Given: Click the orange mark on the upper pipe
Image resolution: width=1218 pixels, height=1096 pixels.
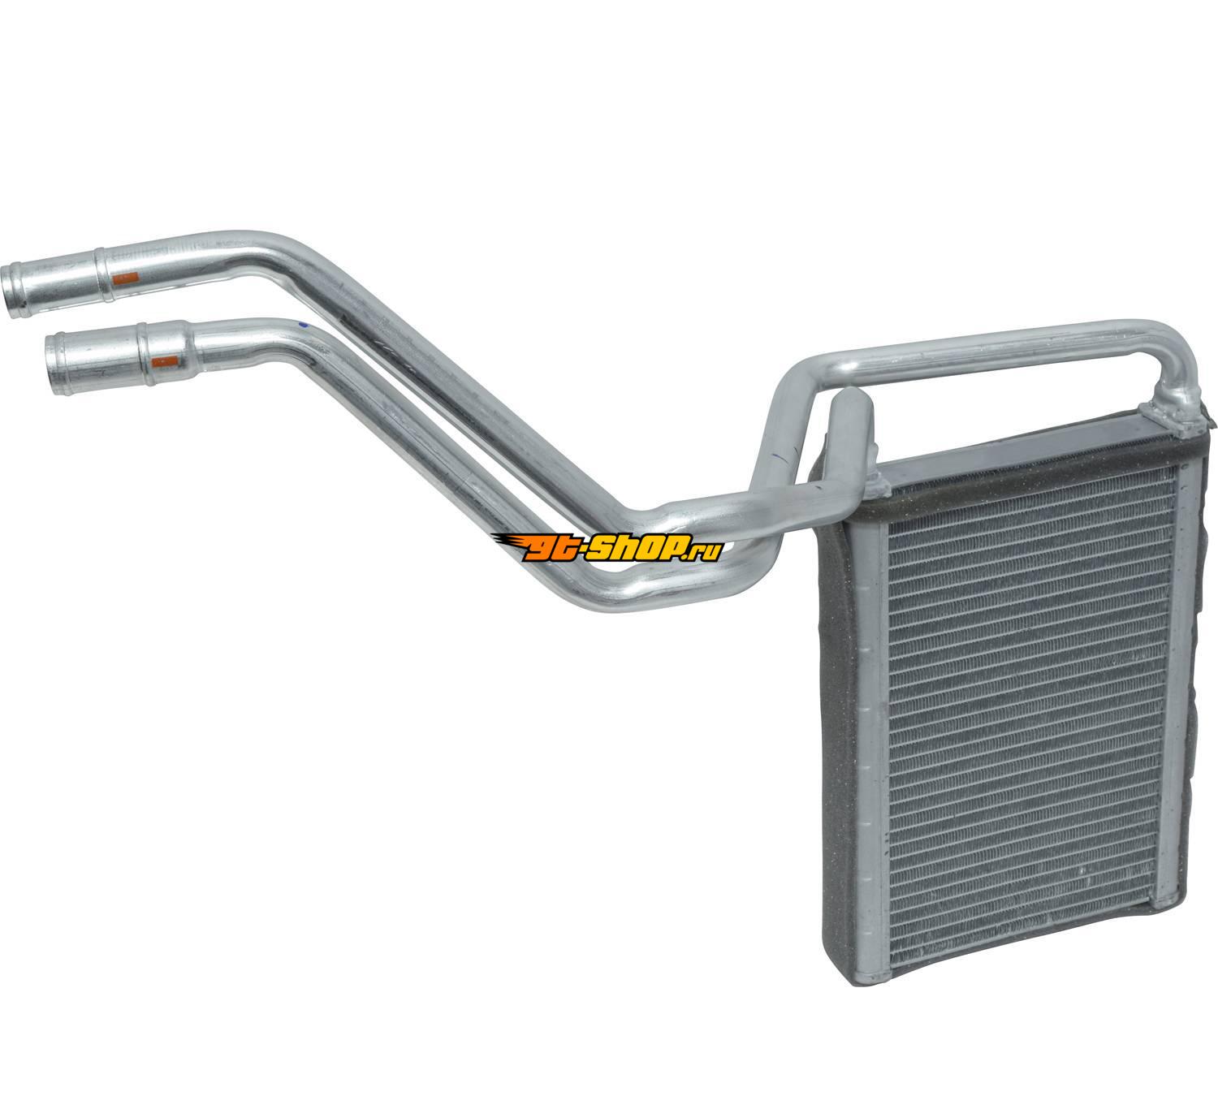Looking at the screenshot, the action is coord(127,278).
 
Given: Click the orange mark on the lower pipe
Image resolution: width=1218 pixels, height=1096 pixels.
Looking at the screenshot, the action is coord(165,363).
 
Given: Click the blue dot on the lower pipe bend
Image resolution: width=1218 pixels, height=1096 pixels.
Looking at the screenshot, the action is coord(304,326).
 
